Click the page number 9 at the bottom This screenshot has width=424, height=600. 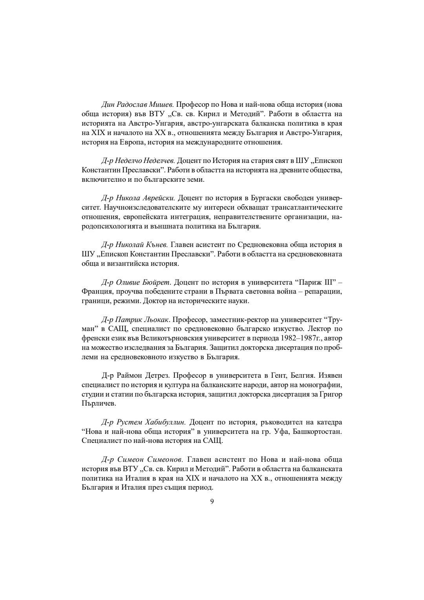point(212,501)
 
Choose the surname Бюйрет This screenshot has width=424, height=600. point(157,283)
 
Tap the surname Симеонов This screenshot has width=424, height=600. point(165,459)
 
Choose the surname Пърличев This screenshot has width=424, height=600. point(99,404)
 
